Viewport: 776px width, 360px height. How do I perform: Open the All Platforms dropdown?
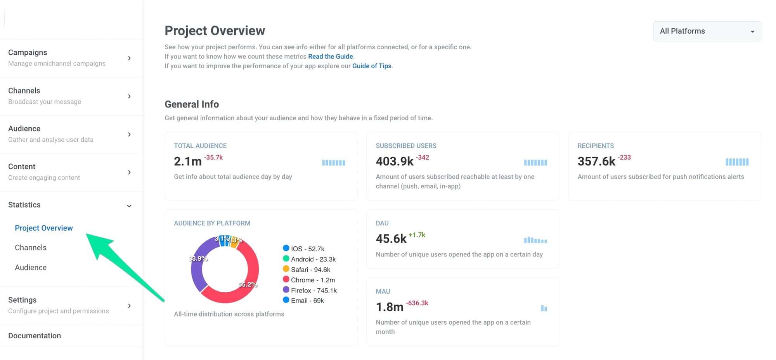[x=707, y=31]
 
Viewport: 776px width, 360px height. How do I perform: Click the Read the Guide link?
[x=330, y=56]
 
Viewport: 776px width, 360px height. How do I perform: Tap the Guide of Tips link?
[x=371, y=66]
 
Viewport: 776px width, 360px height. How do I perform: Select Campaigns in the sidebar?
[x=28, y=52]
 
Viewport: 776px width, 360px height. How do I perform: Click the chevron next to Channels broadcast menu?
[x=129, y=96]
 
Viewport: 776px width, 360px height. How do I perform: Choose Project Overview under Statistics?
[x=43, y=228]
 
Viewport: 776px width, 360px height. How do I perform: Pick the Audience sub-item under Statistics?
[x=31, y=267]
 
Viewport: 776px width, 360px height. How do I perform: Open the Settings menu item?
[x=23, y=300]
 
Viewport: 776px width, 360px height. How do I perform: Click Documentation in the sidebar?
[x=35, y=336]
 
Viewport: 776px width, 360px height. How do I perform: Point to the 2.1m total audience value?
[x=188, y=161]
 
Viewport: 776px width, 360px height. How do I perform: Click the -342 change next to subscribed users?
[x=423, y=157]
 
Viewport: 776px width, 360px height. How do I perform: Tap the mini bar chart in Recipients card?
[x=737, y=162]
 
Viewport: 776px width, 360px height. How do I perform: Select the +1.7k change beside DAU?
[x=417, y=235]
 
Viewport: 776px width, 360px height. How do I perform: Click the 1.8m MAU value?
[x=390, y=307]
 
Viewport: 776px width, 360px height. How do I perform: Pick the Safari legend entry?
[x=310, y=270]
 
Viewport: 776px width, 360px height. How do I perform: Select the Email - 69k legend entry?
[x=307, y=301]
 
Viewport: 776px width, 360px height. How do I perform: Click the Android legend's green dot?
[x=286, y=259]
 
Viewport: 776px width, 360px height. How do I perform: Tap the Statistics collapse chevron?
[x=129, y=206]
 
